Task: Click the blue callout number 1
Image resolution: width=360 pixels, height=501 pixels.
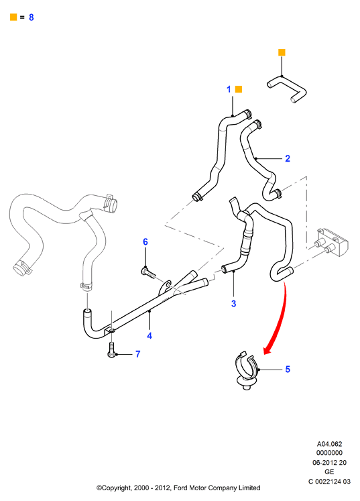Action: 229,89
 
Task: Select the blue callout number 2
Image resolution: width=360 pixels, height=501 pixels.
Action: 288,158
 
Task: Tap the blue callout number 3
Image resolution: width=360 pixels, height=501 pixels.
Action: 233,304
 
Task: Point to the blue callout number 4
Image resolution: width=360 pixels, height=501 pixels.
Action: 149,335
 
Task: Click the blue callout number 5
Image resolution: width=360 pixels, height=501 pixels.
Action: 288,370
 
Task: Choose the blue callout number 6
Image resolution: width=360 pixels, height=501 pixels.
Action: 145,242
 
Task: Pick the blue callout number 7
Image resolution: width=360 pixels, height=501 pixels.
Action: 137,354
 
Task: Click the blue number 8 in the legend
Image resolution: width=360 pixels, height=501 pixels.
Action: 32,17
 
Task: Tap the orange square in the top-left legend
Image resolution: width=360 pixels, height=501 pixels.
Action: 13,17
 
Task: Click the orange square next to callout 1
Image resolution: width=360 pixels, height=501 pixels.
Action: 239,89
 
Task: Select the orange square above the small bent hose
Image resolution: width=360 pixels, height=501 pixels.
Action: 282,52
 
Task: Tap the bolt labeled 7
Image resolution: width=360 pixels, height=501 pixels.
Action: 111,349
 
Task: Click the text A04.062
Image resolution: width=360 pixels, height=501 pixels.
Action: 329,444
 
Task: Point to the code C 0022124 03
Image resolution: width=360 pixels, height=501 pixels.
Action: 329,481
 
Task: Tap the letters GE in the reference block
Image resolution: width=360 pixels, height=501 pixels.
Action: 329,471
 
